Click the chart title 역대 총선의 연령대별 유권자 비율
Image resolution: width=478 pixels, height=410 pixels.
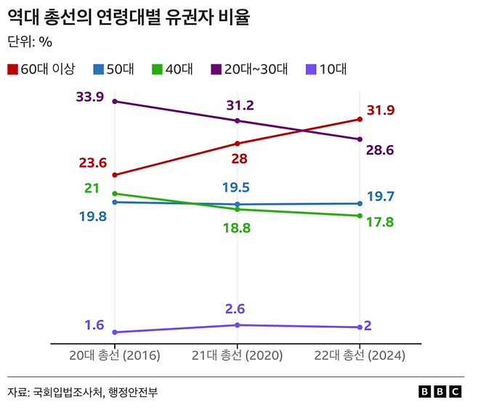pyautogui.click(x=128, y=17)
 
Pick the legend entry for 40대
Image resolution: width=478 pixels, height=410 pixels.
pyautogui.click(x=171, y=70)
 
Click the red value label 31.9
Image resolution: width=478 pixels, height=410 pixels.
pyautogui.click(x=381, y=110)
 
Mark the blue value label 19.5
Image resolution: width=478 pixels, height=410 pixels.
pyautogui.click(x=237, y=187)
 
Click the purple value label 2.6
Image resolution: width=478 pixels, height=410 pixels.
pyautogui.click(x=237, y=309)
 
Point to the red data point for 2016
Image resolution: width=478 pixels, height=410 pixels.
pyautogui.click(x=115, y=175)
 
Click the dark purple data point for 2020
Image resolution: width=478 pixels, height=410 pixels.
pyautogui.click(x=238, y=120)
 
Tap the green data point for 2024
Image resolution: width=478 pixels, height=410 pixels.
pyautogui.click(x=360, y=216)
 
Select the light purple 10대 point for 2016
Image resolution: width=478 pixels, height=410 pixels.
pyautogui.click(x=115, y=332)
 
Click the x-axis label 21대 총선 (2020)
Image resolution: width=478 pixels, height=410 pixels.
pyautogui.click(x=237, y=356)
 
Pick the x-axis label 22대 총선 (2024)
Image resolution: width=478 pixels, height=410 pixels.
pyautogui.click(x=359, y=356)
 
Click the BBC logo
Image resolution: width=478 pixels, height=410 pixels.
pyautogui.click(x=440, y=392)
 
